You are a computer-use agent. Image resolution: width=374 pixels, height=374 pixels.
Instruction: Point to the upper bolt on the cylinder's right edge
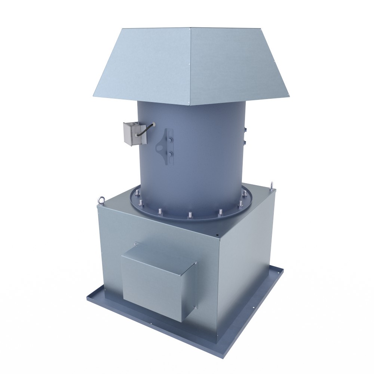[x=246, y=129]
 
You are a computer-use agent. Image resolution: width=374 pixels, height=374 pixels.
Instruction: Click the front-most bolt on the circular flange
[x=190, y=215]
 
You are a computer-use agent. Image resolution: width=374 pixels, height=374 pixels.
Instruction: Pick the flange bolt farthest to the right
[x=246, y=193]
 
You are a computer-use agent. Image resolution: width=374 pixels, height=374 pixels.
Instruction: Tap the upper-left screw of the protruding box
[x=135, y=244]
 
